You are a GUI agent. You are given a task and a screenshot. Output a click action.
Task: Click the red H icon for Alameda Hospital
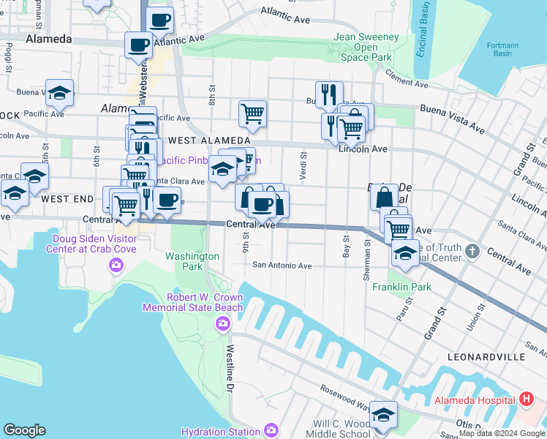tap(526, 399)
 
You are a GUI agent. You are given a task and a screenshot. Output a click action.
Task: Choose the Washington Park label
tap(192, 261)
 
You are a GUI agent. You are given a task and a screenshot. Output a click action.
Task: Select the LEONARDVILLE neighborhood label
tap(489, 356)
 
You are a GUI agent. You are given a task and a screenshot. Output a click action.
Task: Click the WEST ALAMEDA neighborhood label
tap(208, 140)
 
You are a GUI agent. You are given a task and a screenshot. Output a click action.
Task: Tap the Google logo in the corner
tap(24, 429)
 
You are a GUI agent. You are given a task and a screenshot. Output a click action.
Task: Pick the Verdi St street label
tap(302, 169)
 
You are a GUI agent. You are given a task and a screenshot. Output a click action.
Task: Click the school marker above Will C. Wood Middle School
tap(383, 414)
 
